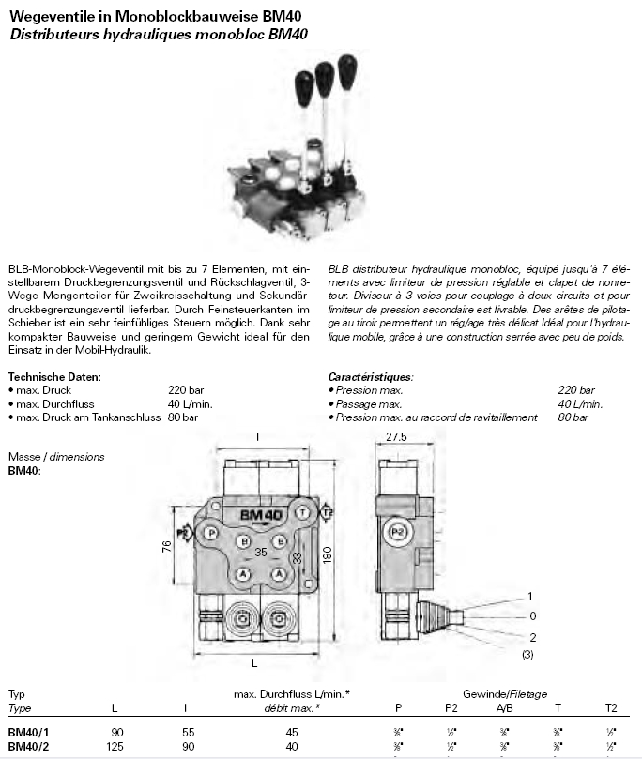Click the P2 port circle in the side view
[398, 531]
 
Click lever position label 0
[532, 615]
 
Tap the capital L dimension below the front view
[254, 662]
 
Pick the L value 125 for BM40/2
[115, 747]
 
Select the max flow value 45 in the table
[292, 731]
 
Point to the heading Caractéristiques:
[370, 376]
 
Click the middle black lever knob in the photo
[325, 73]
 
